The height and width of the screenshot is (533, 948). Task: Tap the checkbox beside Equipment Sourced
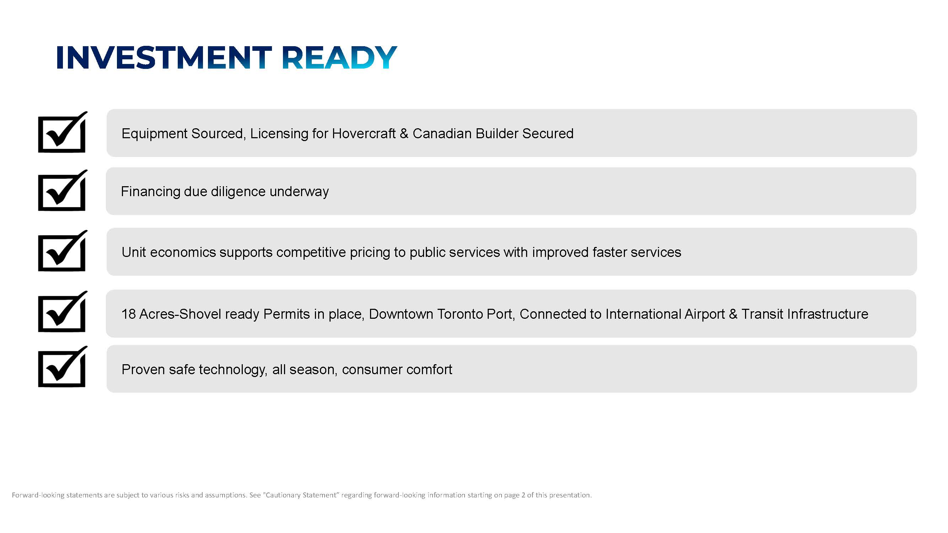[x=62, y=133]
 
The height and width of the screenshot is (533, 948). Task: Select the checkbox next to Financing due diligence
[x=62, y=190]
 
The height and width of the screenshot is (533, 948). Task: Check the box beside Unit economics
[x=62, y=251]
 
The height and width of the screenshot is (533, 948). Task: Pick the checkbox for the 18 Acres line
[x=62, y=312]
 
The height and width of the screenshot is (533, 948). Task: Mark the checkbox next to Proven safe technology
[x=62, y=367]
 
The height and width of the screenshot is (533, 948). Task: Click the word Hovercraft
[x=364, y=133]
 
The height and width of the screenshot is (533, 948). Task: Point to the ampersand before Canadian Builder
[x=404, y=133]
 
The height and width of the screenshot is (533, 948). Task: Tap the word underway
[x=299, y=192]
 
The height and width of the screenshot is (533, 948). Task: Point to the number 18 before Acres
[x=128, y=314]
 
